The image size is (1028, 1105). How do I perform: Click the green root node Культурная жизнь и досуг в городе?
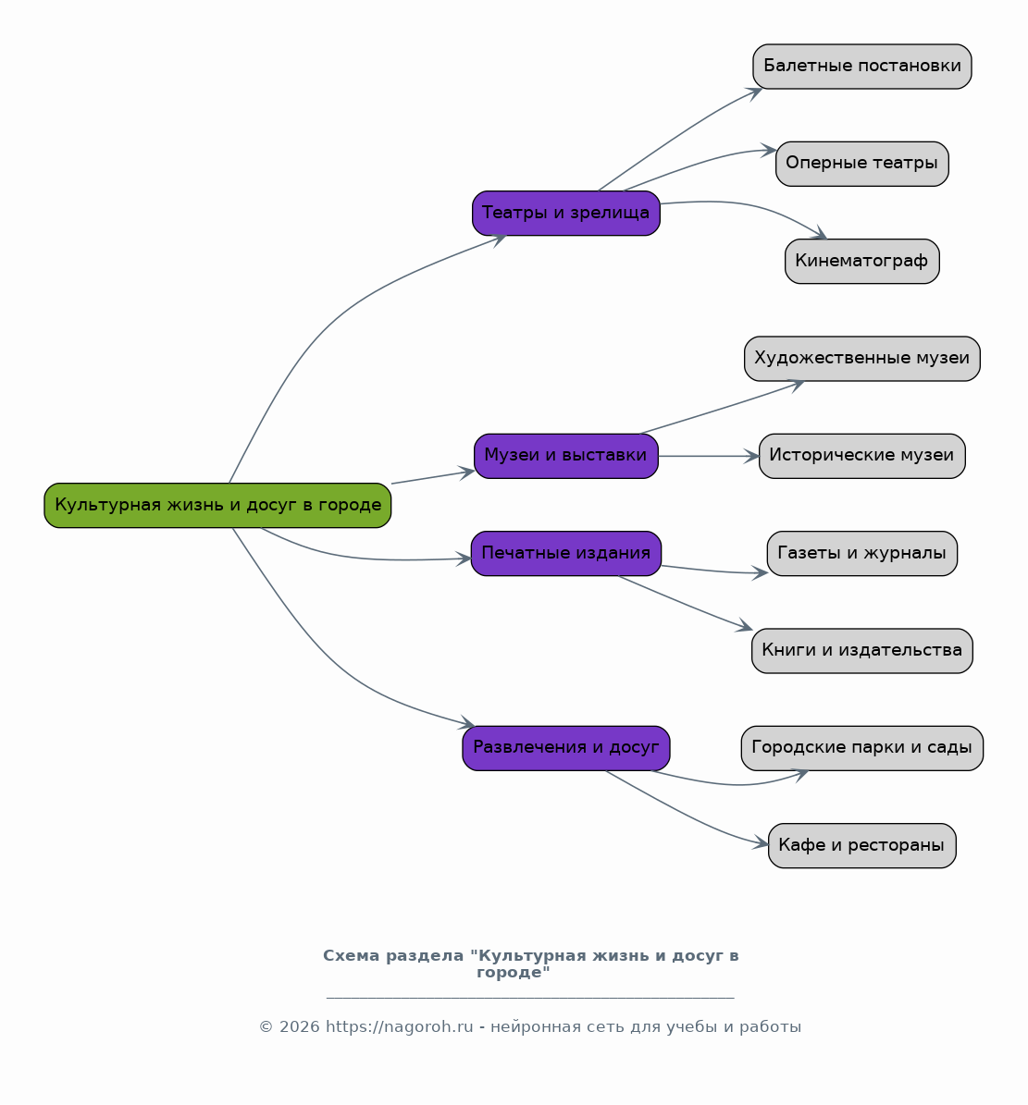pos(217,505)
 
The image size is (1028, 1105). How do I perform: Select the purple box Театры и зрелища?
pos(566,213)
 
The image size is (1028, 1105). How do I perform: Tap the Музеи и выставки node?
pos(566,456)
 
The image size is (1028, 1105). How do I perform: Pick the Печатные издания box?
pos(566,553)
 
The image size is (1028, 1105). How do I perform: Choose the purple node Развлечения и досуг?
pos(566,748)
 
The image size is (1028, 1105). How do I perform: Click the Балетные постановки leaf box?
pos(862,67)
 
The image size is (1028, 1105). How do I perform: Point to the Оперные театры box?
pos(862,164)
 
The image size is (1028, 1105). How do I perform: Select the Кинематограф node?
pos(862,261)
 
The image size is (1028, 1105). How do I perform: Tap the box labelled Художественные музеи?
pos(862,359)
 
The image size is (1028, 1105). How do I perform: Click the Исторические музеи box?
pos(862,456)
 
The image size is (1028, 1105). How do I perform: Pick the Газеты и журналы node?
pos(862,553)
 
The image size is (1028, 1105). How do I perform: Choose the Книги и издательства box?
pos(862,650)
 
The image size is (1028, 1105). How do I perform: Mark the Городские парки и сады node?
pos(862,748)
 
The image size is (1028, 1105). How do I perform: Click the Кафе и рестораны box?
pos(862,845)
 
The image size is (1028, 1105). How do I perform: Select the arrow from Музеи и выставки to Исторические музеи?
pos(709,456)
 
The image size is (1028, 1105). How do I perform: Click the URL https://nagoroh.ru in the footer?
pos(399,1026)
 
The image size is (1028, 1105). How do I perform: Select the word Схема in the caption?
pos(350,955)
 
